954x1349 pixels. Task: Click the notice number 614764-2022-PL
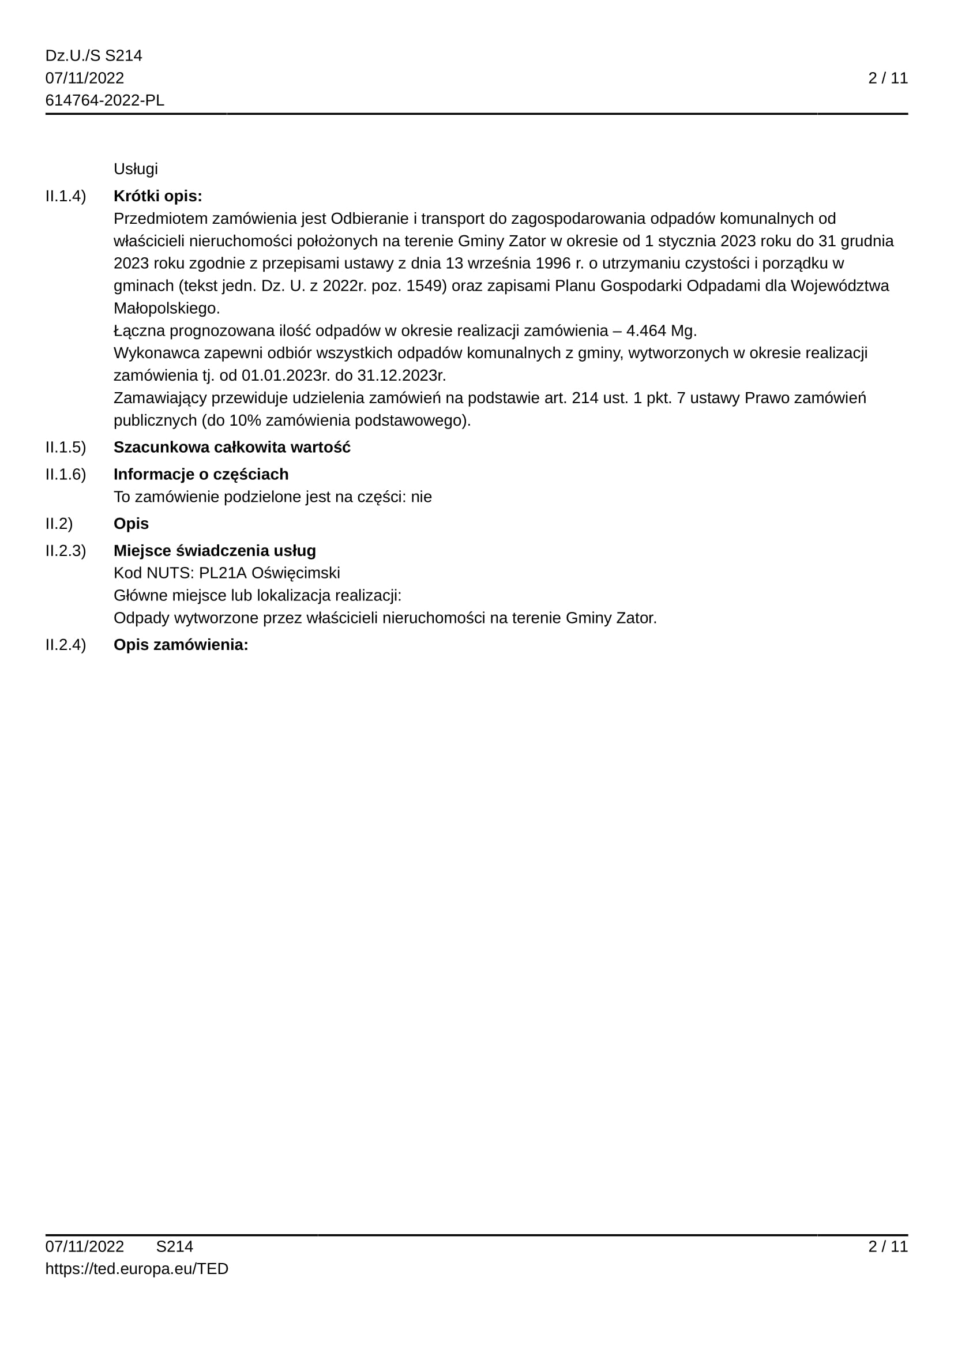coord(104,100)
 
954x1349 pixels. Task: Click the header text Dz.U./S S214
coord(93,56)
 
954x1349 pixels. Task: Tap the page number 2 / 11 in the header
coord(888,78)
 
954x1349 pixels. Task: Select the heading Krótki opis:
coord(157,196)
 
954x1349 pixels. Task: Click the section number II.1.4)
coord(65,196)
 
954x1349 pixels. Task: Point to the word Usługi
coord(136,169)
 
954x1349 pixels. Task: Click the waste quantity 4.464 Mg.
coord(661,331)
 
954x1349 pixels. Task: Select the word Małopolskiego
coord(166,309)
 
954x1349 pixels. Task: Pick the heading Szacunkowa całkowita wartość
coord(232,448)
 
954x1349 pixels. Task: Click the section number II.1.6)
coord(65,475)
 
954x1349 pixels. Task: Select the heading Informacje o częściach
coord(201,475)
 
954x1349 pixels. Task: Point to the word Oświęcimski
coord(295,573)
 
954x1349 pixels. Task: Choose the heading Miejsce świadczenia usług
coord(215,551)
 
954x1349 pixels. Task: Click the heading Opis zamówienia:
coord(181,645)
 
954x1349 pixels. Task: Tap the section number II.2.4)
coord(65,645)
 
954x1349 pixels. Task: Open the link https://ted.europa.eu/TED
coord(137,1269)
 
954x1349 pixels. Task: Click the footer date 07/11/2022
coord(85,1247)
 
